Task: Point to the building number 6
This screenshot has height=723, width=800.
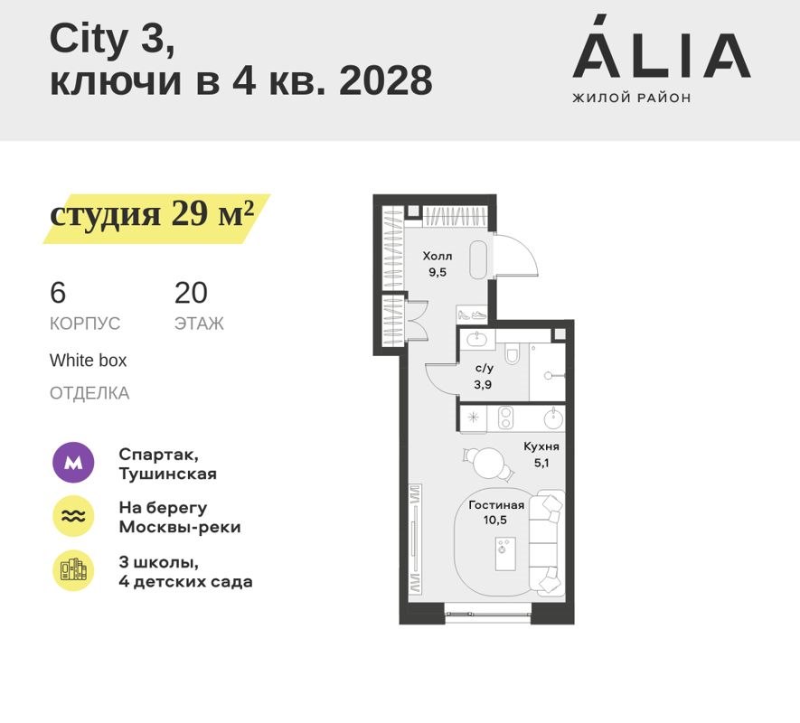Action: tap(58, 293)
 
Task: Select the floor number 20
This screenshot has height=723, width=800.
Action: tap(191, 293)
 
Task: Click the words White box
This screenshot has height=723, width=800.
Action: tap(88, 360)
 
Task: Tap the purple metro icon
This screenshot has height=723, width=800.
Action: tap(73, 464)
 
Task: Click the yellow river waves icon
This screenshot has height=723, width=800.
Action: tap(73, 517)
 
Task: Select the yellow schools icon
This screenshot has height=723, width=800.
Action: tap(73, 570)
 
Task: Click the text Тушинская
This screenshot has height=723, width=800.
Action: tap(167, 473)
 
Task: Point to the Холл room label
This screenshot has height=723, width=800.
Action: tap(437, 257)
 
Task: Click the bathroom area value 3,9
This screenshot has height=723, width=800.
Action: tap(484, 383)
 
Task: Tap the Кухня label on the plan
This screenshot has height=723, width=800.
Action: tap(541, 446)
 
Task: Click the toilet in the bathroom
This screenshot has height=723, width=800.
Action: tap(513, 355)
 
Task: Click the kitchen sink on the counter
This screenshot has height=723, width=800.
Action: tap(551, 418)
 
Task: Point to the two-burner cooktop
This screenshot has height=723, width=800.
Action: tap(506, 418)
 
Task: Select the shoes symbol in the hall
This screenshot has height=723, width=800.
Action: tap(472, 315)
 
